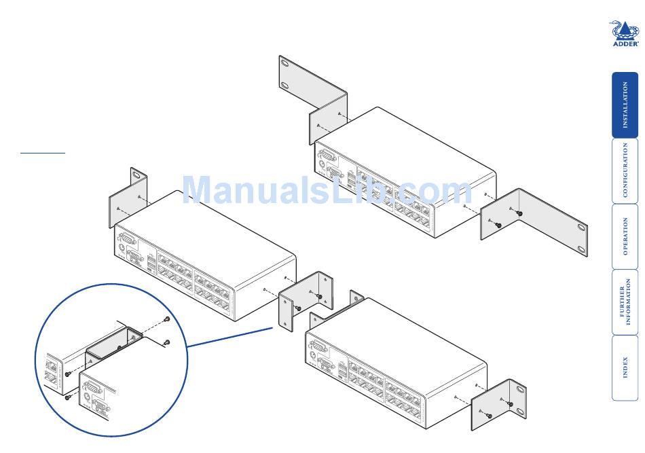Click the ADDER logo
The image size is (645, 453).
(625, 34)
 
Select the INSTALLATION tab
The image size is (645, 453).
(625, 105)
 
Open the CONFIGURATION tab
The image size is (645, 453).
(625, 170)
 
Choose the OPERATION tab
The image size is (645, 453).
(625, 236)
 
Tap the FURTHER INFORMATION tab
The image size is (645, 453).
(625, 302)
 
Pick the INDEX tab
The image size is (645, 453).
(625, 367)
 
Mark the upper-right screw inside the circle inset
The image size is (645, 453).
(166, 320)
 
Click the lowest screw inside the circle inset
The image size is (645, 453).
(68, 397)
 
